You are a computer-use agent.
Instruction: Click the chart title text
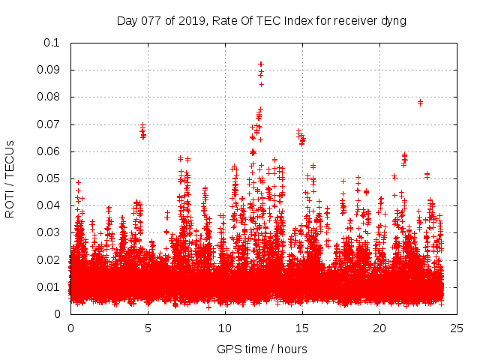(261, 20)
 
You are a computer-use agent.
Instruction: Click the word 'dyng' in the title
(392, 20)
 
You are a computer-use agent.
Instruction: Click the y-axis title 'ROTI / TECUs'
(10, 178)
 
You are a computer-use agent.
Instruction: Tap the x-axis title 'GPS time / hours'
(261, 349)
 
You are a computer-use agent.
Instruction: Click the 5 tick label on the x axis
(148, 328)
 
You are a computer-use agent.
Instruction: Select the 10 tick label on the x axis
(225, 328)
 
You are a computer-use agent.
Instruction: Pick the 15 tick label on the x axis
(302, 328)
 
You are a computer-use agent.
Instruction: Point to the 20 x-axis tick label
(379, 328)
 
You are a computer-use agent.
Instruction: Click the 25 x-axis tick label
(457, 328)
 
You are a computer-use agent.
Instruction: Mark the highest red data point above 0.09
(261, 64)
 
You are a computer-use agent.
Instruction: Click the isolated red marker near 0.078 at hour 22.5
(420, 102)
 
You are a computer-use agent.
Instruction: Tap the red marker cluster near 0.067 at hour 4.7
(142, 133)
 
